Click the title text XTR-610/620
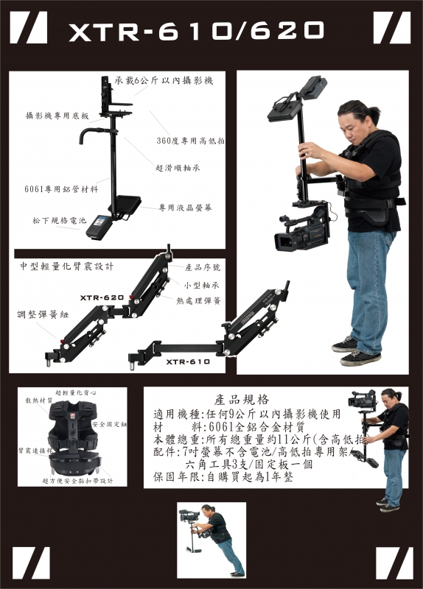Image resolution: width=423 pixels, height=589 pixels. click(x=196, y=29)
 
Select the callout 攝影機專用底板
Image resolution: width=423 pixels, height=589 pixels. click(x=57, y=116)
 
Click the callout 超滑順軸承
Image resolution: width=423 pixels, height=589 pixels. click(x=178, y=168)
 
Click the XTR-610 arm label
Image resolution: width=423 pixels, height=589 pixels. click(x=188, y=361)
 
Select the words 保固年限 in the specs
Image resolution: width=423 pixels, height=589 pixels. click(x=178, y=478)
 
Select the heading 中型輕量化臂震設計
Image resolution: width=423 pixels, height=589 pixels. click(x=67, y=264)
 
